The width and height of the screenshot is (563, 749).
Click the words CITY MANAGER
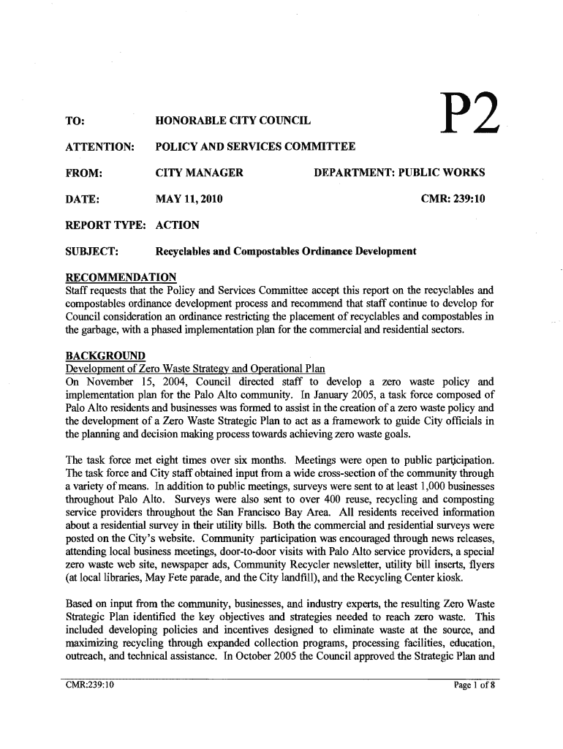click(200, 173)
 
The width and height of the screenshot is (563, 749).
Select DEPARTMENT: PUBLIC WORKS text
click(399, 173)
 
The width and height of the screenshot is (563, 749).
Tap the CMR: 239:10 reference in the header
click(453, 199)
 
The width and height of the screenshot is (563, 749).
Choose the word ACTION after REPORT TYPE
click(178, 225)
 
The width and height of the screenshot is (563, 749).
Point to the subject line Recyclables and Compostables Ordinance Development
click(287, 252)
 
